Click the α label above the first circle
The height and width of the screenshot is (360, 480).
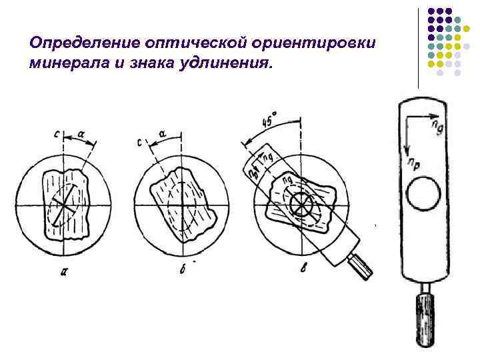(81, 134)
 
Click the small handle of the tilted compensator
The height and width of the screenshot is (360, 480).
(363, 266)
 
